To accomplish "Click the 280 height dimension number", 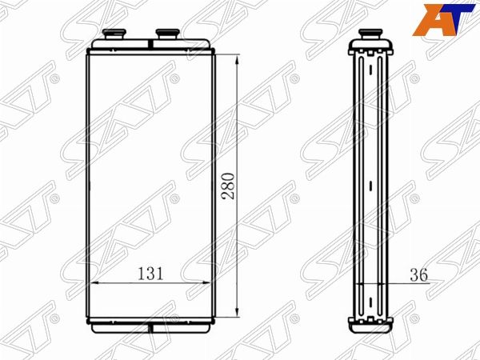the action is point(229,186).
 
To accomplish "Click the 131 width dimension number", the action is point(150,274).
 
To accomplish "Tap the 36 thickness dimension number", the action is point(418,274).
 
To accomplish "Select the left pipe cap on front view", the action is point(114,34).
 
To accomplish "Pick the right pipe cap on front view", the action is point(167,34).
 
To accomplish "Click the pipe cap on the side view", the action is point(370,34).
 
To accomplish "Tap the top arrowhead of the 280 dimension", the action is point(237,59).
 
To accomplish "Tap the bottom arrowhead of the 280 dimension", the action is point(237,313).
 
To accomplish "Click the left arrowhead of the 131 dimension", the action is point(96,283).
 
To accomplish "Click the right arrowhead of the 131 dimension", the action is point(206,283).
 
